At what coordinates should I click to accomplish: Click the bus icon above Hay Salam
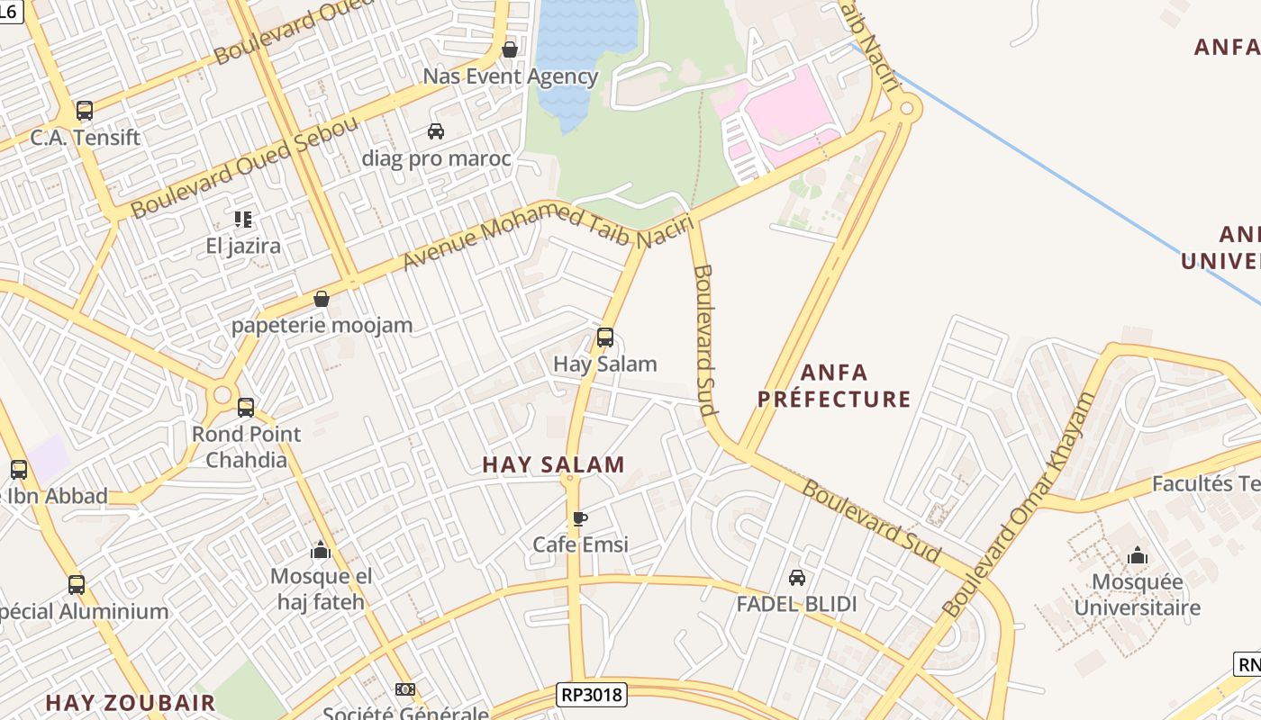click(x=605, y=337)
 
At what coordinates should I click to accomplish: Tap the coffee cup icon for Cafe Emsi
click(x=580, y=518)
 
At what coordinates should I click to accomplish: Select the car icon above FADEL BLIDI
click(x=797, y=577)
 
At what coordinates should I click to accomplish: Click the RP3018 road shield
click(x=592, y=694)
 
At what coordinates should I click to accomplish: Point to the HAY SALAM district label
click(x=553, y=464)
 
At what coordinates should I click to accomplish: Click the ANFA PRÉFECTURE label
click(x=834, y=385)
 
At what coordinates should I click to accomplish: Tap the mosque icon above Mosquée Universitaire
click(x=1138, y=555)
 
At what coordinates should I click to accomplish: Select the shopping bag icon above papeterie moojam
click(x=322, y=298)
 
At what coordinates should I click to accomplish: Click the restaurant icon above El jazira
click(x=242, y=219)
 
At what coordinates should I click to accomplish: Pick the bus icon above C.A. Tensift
click(x=85, y=111)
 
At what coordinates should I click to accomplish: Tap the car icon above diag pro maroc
click(x=436, y=131)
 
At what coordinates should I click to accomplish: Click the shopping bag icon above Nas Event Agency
click(x=510, y=49)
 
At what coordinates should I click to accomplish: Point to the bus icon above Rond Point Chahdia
click(x=246, y=407)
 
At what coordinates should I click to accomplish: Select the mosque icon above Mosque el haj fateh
click(x=321, y=550)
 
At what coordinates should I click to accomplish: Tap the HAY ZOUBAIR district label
click(x=131, y=702)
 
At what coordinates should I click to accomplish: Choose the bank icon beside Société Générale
click(x=404, y=689)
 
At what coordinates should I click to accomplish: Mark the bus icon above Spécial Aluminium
click(x=77, y=584)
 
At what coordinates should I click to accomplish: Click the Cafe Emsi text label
click(x=580, y=544)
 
